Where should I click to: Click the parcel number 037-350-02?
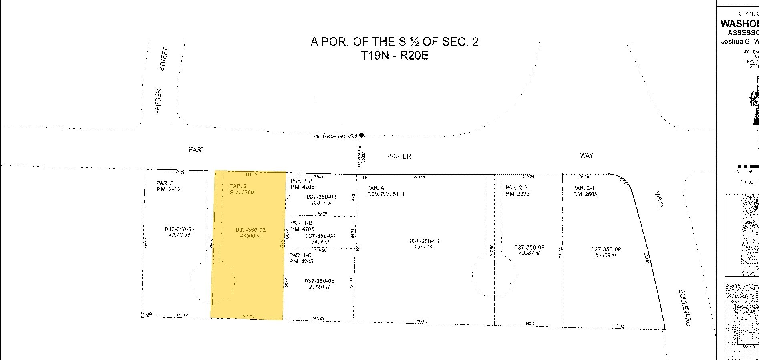(250, 230)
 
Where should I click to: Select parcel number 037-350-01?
(179, 229)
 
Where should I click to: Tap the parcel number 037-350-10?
(424, 241)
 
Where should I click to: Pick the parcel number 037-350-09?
(606, 249)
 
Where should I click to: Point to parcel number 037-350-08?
(529, 247)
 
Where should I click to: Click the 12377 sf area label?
(321, 203)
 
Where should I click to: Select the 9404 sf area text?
(320, 242)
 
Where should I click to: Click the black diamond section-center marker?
(361, 135)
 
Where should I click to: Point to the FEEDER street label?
(158, 101)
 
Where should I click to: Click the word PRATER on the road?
(399, 157)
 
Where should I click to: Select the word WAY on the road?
(586, 156)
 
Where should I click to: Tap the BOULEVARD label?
(685, 308)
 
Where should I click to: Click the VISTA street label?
(659, 199)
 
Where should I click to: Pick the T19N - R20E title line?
(395, 55)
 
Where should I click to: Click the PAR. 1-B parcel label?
(301, 223)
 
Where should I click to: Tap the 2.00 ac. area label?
(424, 247)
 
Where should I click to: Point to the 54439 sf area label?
(606, 255)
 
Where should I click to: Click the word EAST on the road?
(197, 150)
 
